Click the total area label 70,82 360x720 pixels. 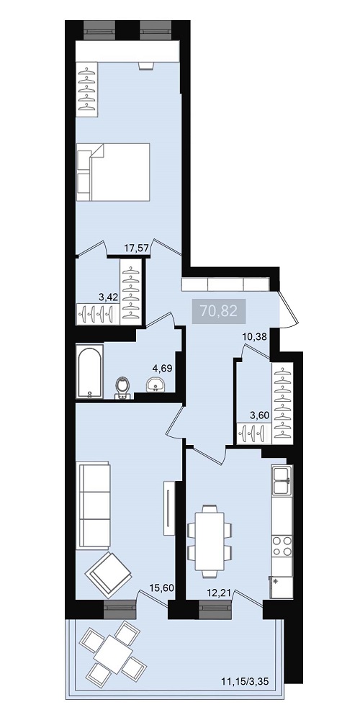click(219, 311)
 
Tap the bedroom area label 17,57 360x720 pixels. click(136, 248)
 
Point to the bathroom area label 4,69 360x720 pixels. click(163, 367)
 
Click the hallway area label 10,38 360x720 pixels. click(255, 337)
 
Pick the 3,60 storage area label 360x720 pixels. click(259, 415)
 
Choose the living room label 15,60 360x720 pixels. click(161, 588)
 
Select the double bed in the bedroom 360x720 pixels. click(114, 172)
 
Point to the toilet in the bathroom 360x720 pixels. click(122, 388)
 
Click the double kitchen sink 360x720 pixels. click(282, 480)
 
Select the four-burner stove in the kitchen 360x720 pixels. click(282, 546)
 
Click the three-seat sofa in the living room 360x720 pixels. click(94, 505)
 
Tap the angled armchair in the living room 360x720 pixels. click(108, 572)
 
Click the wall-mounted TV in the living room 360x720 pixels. click(169, 508)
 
